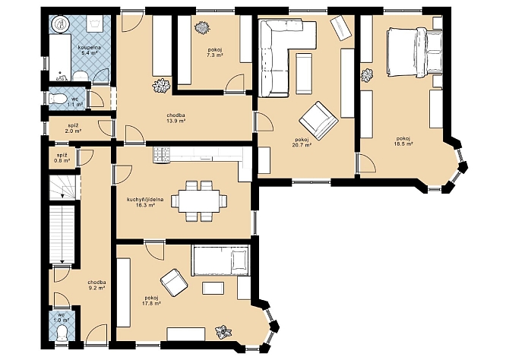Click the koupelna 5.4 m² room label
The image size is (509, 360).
coord(89,49)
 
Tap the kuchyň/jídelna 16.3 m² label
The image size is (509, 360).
coord(145,202)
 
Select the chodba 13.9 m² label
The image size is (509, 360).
coord(176,118)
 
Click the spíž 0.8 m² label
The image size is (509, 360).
coord(62,157)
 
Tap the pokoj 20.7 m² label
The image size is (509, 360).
coord(302,143)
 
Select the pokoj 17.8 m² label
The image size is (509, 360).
coord(151,301)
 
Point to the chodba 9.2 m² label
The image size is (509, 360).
coord(96,285)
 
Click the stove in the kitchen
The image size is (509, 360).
coord(162,154)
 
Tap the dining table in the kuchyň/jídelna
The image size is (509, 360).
coord(198,201)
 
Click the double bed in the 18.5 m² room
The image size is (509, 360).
coord(415,52)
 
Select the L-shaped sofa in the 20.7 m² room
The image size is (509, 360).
coord(283,49)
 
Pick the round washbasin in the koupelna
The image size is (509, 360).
coord(60,24)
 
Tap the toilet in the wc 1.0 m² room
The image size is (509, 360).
coord(62,333)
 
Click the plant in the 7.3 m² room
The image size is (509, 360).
coord(202,27)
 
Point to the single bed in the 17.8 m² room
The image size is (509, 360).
coord(221,261)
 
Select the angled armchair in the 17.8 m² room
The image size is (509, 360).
coord(174,282)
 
